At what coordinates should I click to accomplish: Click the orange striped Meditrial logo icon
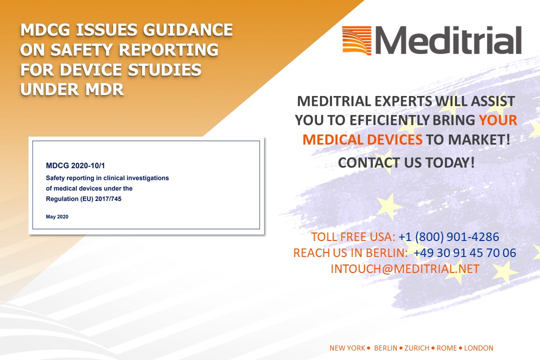pyautogui.click(x=357, y=40)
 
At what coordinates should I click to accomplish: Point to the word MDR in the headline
pyautogui.click(x=104, y=89)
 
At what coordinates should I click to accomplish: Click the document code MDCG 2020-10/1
pyautogui.click(x=75, y=165)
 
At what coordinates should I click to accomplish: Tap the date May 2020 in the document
pyautogui.click(x=57, y=216)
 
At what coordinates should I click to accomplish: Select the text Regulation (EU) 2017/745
pyautogui.click(x=83, y=199)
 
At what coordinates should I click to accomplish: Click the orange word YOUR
pyautogui.click(x=498, y=120)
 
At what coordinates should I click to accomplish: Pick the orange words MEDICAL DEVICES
pyautogui.click(x=362, y=140)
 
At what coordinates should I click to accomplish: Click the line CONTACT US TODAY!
pyautogui.click(x=406, y=162)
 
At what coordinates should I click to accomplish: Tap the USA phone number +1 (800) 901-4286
pyautogui.click(x=448, y=237)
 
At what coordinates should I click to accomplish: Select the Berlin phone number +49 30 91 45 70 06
pyautogui.click(x=464, y=253)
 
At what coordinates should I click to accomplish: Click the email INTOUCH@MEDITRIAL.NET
pyautogui.click(x=405, y=268)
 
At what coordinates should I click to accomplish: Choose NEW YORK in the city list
pyautogui.click(x=347, y=348)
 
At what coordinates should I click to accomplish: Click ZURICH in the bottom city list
pyautogui.click(x=416, y=348)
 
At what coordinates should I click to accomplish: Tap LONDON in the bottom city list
pyautogui.click(x=478, y=348)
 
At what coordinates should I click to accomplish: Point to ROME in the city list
pyautogui.click(x=446, y=348)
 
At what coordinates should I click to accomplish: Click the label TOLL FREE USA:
pyautogui.click(x=353, y=237)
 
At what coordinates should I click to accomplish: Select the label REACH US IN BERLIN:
pyautogui.click(x=350, y=253)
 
